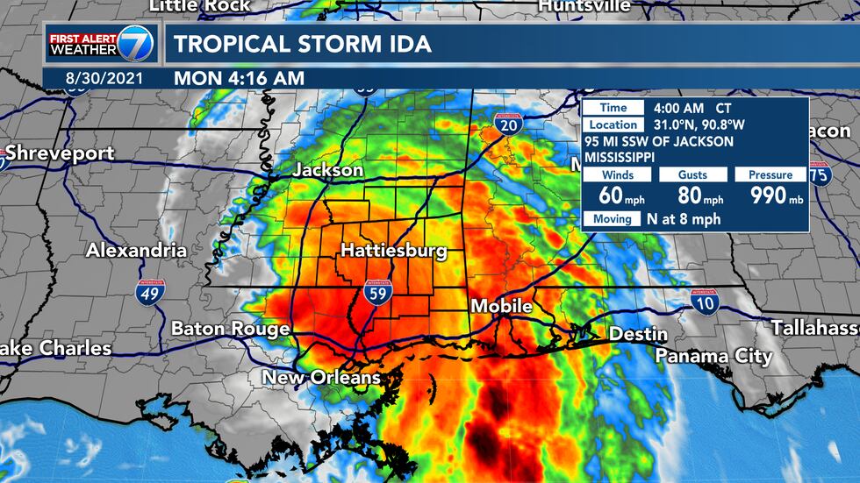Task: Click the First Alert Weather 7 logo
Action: click(x=100, y=43)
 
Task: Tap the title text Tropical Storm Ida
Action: click(x=302, y=44)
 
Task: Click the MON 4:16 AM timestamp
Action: click(x=239, y=77)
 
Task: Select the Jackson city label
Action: click(x=327, y=169)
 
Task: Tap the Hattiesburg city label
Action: click(x=393, y=251)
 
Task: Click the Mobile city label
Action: click(x=501, y=306)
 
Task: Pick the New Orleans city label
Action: click(x=322, y=378)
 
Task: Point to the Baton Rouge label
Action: click(x=230, y=329)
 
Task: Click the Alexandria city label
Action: click(x=136, y=250)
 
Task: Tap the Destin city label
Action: click(x=638, y=334)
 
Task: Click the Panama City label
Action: click(x=713, y=356)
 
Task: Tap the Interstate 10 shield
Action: click(x=704, y=302)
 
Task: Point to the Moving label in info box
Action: click(x=613, y=218)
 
